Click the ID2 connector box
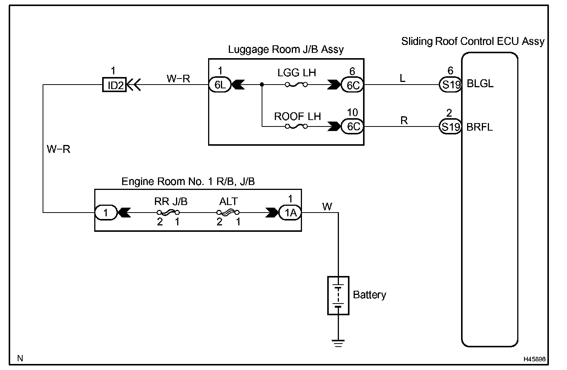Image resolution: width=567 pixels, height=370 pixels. click(x=114, y=85)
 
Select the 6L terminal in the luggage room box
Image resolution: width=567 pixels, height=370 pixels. click(x=220, y=85)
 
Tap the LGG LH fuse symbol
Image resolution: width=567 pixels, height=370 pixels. click(x=296, y=85)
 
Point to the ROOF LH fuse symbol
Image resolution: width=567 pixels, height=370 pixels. click(x=296, y=126)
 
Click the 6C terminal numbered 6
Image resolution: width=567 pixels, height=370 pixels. click(x=352, y=85)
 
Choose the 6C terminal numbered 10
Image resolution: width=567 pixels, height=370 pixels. click(x=352, y=126)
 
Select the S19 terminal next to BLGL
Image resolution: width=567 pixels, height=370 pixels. click(x=451, y=85)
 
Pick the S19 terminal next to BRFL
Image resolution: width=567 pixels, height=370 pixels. click(x=451, y=126)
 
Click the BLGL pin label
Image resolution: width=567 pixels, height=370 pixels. click(x=480, y=84)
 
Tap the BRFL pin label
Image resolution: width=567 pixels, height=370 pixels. click(x=480, y=127)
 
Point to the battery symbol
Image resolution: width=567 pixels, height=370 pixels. click(x=338, y=296)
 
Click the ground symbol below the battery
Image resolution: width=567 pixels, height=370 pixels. click(x=338, y=344)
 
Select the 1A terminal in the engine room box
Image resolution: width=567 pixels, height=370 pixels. click(x=290, y=213)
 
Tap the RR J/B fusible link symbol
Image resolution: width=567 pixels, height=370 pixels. click(x=168, y=212)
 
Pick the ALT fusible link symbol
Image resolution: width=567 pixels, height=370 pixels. click(x=228, y=212)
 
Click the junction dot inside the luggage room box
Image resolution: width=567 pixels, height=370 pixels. click(x=262, y=85)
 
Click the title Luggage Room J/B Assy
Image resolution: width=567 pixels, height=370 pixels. click(x=286, y=49)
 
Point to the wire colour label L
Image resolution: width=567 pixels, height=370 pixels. click(x=403, y=78)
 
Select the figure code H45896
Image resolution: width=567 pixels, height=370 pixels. click(x=535, y=359)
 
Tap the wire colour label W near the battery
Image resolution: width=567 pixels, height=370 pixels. click(x=327, y=207)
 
